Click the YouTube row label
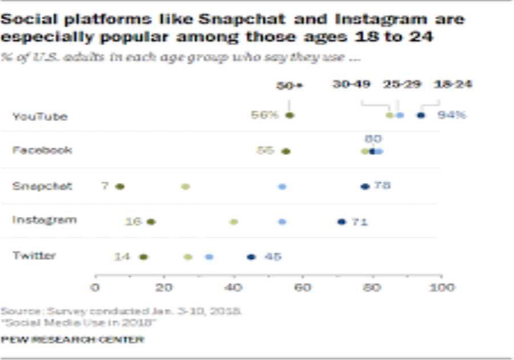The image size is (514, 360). pyautogui.click(x=39, y=117)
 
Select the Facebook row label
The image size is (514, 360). pyautogui.click(x=42, y=150)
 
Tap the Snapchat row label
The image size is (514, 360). pyautogui.click(x=42, y=186)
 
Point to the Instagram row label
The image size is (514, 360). pyautogui.click(x=44, y=220)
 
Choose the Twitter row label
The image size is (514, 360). pyautogui.click(x=34, y=255)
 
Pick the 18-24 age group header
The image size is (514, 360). pyautogui.click(x=452, y=85)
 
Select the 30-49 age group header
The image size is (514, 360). pyautogui.click(x=352, y=85)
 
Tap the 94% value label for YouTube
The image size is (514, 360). pyautogui.click(x=452, y=115)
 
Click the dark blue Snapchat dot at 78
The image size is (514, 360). pyautogui.click(x=365, y=186)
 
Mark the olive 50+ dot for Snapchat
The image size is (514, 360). pyautogui.click(x=119, y=186)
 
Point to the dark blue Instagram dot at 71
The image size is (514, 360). pyautogui.click(x=342, y=222)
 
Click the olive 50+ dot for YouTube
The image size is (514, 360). pyautogui.click(x=290, y=115)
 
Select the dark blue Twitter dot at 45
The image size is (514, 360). pyautogui.click(x=251, y=257)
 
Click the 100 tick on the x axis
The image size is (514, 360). pyautogui.click(x=440, y=287)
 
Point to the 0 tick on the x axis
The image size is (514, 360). pyautogui.click(x=95, y=287)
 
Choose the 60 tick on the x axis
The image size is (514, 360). pyautogui.click(x=303, y=287)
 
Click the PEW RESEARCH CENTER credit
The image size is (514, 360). pyautogui.click(x=72, y=339)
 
